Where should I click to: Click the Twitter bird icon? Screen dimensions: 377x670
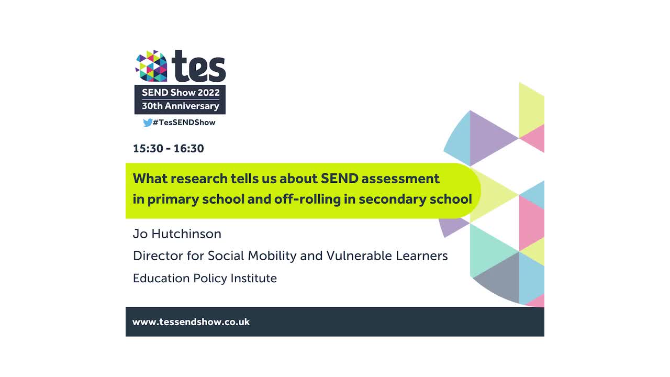(147, 123)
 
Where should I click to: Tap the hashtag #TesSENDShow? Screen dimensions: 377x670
(184, 123)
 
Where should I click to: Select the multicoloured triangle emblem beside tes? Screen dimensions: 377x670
(151, 66)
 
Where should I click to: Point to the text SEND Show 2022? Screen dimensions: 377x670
(180, 93)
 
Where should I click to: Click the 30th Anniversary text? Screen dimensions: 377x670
(180, 106)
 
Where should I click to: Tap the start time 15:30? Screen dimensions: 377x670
(148, 148)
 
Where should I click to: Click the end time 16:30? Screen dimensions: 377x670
(188, 148)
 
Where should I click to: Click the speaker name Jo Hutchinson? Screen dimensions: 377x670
(177, 234)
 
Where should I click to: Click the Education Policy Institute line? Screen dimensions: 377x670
(205, 278)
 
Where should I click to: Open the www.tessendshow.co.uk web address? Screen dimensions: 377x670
(191, 322)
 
